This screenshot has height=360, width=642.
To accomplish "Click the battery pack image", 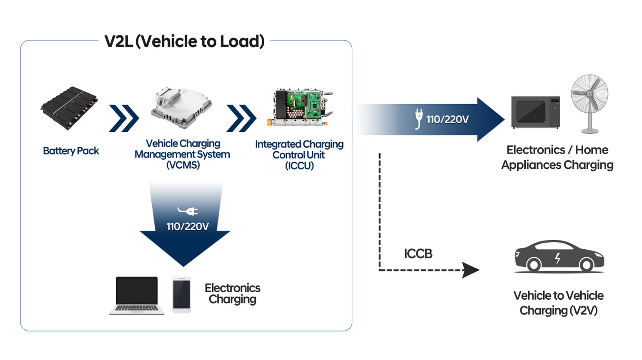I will click(69, 107).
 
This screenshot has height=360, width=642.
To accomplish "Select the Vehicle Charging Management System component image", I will click(182, 107).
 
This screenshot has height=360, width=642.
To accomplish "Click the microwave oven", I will click(535, 112).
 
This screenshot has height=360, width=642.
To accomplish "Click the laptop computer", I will click(137, 295).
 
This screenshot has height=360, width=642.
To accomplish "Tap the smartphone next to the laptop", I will click(182, 295).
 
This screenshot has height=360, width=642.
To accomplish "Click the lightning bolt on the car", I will click(557, 258).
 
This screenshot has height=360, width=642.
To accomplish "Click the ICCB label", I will click(418, 254).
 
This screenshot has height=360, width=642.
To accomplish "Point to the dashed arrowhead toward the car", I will click(470, 270).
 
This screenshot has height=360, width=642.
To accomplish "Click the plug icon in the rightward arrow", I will click(419, 118).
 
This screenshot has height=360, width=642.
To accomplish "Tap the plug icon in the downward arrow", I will click(188, 211).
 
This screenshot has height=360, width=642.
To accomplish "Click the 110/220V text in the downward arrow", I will click(188, 227).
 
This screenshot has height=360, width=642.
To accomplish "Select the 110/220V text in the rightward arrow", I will click(447, 120).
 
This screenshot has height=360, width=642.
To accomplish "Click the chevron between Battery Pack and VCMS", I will click(124, 118).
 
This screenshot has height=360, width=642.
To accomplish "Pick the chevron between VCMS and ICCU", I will click(241, 118).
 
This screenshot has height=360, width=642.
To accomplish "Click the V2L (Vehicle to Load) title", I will click(184, 41).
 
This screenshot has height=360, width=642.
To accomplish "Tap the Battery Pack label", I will click(71, 151).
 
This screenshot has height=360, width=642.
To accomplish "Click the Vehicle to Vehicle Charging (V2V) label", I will click(558, 303).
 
